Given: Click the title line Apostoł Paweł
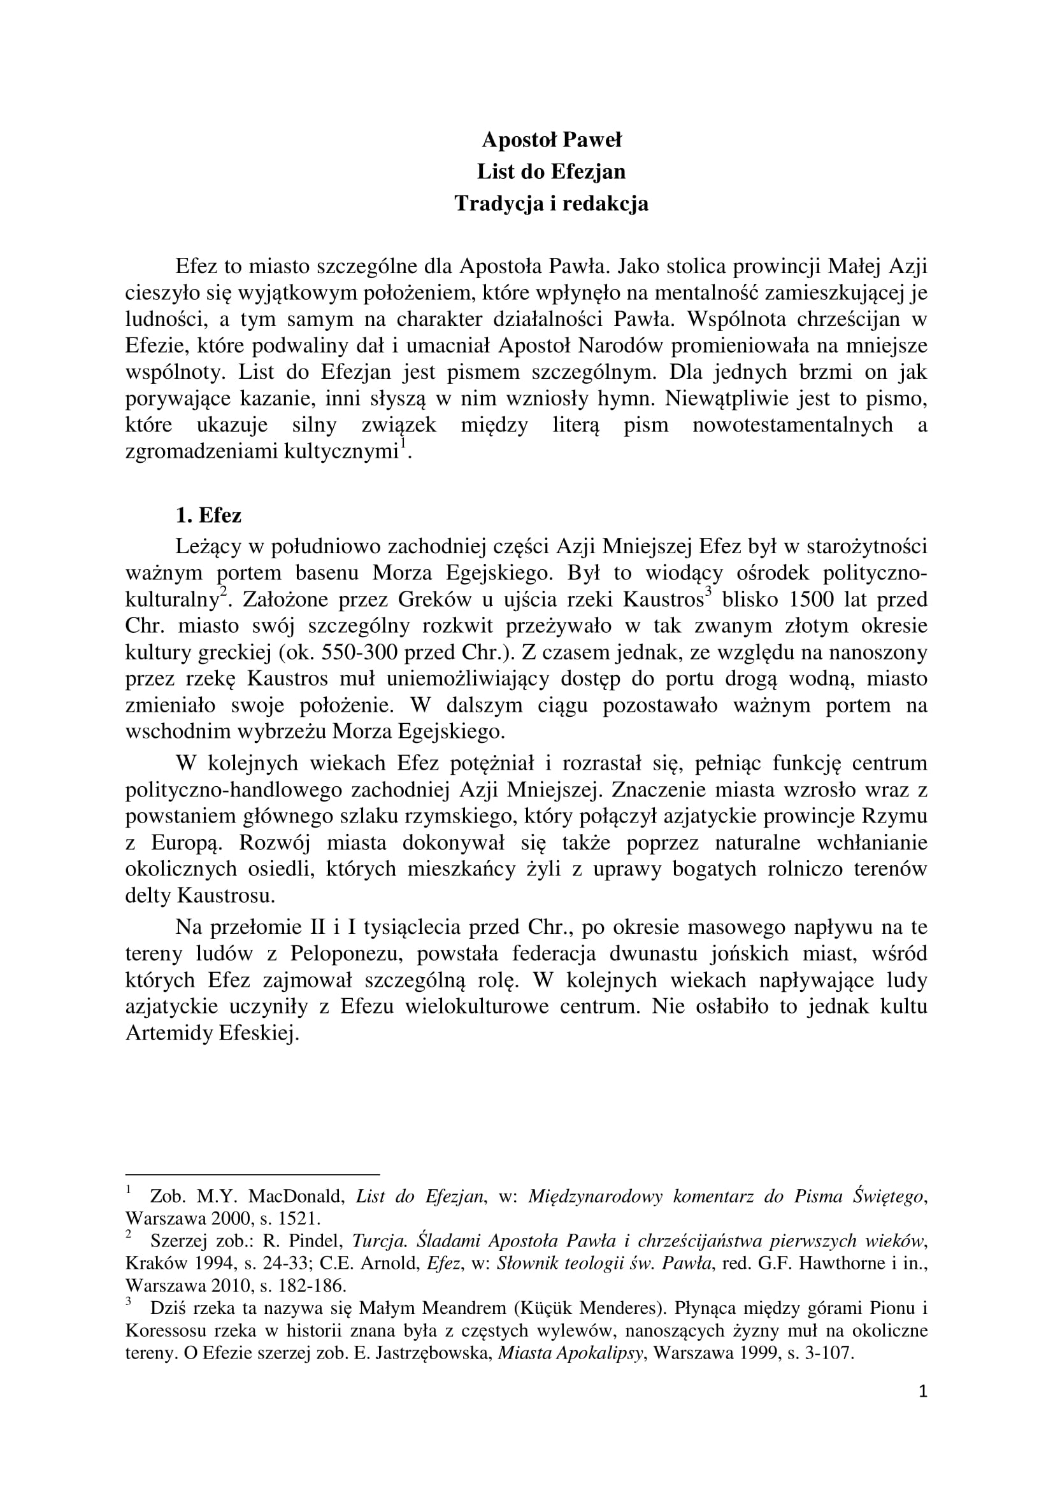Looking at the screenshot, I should (552, 139).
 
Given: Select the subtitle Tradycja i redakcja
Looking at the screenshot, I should (552, 204).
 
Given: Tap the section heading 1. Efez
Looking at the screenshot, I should (208, 516).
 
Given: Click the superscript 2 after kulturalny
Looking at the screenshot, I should (222, 591).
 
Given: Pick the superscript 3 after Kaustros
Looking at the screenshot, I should (708, 591).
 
